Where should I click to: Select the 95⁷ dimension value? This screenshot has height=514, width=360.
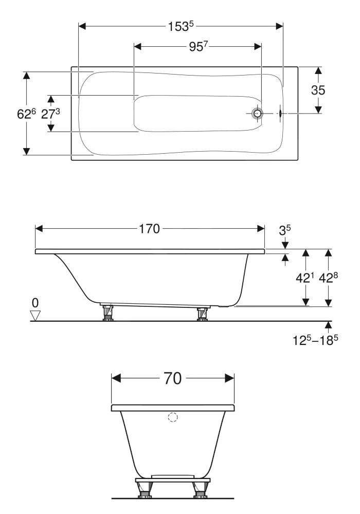click(197, 47)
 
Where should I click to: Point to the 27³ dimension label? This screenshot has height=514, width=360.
click(51, 114)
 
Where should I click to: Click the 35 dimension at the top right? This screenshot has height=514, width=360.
click(318, 90)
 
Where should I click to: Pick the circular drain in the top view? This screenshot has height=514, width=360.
click(257, 114)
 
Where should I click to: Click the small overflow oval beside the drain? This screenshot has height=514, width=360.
click(280, 114)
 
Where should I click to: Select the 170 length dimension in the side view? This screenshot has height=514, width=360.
click(149, 229)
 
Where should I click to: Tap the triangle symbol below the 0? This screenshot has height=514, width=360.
click(35, 315)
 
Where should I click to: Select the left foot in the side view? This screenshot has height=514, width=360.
click(109, 313)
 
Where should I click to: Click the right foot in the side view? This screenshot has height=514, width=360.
click(202, 313)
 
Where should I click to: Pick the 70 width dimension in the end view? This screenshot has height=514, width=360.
click(173, 379)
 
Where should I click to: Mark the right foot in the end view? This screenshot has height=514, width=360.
click(199, 490)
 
